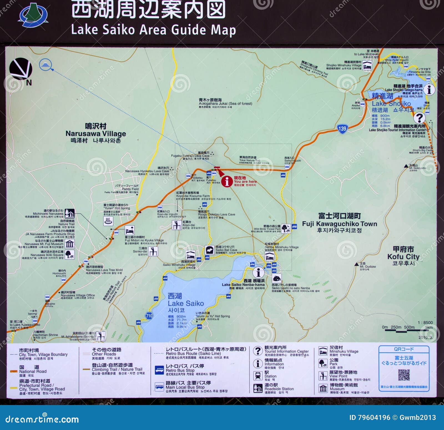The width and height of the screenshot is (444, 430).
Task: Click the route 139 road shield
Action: coord(342,129)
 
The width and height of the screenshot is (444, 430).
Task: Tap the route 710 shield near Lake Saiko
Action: coord(149,316)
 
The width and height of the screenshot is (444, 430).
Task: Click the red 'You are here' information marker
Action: coord(227,182)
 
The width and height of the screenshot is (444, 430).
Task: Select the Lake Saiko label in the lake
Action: coord(186,303)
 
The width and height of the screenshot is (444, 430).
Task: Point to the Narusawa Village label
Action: coord(96,134)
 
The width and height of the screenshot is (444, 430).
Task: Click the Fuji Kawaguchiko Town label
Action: coord(339,224)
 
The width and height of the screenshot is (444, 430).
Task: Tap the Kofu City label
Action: coord(403,257)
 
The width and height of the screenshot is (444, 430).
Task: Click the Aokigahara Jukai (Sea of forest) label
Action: coord(225,104)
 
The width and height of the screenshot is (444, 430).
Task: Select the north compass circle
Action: coord(21,68)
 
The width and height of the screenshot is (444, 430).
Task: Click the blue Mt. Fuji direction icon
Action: coord(46,65)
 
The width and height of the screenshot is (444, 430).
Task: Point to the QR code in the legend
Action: coord(404,375)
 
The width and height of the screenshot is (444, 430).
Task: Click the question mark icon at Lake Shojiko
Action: coord(419,118)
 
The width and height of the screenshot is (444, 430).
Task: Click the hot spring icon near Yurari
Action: coord(108,221)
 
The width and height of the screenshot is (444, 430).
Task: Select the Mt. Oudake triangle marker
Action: coord(357,264)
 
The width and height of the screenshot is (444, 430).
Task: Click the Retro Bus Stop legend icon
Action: coord(159,370)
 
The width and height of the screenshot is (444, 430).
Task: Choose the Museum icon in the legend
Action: coord(323,388)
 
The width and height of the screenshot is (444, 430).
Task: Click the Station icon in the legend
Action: coord(258,376)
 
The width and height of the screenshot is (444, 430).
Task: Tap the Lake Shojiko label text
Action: coord(391,104)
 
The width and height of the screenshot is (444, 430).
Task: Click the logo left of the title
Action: coord(33,15)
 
